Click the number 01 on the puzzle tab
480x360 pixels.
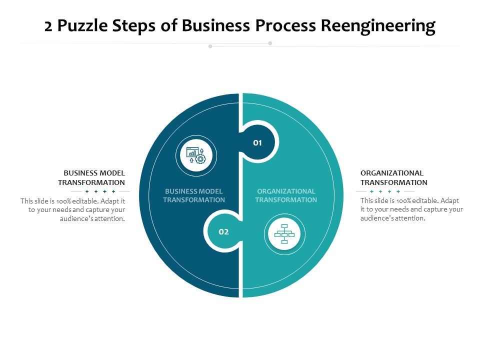(x=257, y=143)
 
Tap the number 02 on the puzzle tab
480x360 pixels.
(x=223, y=232)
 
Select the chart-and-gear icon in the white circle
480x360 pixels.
(x=196, y=155)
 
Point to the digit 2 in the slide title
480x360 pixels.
(x=48, y=26)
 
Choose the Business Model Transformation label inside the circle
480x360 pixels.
(x=194, y=195)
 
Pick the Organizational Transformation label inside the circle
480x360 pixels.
(x=286, y=195)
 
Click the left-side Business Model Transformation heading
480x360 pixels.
(x=91, y=178)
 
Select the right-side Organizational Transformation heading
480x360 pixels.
(x=393, y=178)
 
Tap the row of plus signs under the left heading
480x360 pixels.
(x=100, y=191)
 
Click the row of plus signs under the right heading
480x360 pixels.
(x=385, y=191)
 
